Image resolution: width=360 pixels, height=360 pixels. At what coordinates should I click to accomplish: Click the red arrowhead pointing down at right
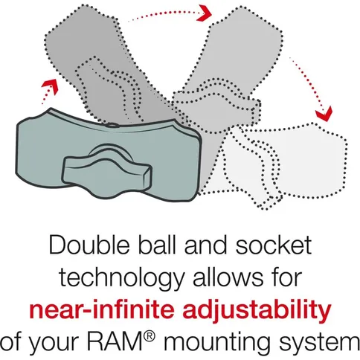click(322, 115)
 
